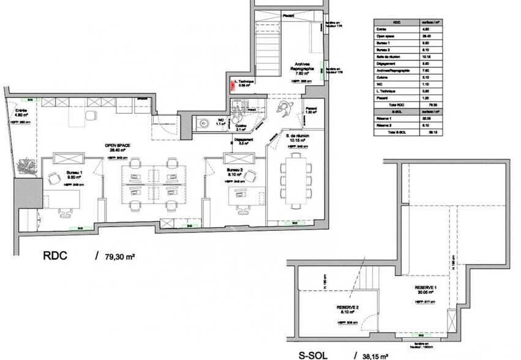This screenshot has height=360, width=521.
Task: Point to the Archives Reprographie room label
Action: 302,66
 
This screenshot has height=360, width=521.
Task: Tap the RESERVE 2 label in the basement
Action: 347,307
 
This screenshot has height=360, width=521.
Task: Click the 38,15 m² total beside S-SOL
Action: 377,354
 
